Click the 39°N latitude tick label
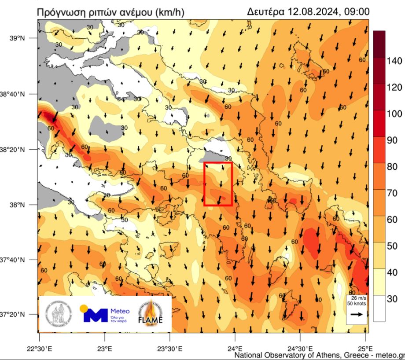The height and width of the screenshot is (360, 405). (x=19, y=39)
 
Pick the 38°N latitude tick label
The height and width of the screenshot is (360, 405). (x=19, y=205)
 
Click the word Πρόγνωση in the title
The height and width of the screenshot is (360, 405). (x=63, y=11)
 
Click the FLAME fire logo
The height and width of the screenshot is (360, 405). (x=151, y=312)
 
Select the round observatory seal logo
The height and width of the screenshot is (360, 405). (x=58, y=313)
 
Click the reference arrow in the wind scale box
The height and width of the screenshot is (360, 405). (x=357, y=314)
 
